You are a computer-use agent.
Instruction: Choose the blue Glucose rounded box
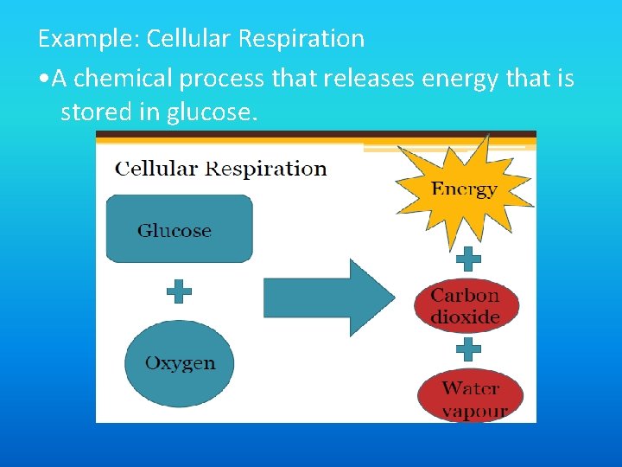[x=179, y=229]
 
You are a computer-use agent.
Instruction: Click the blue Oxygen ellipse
[x=179, y=363]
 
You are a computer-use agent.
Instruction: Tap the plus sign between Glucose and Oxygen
[x=179, y=291]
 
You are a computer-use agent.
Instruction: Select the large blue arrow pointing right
[x=328, y=297]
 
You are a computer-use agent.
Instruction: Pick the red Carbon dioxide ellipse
[x=466, y=305]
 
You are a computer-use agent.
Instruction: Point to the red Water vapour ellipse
[x=471, y=398]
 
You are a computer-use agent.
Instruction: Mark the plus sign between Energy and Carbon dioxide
[x=468, y=258]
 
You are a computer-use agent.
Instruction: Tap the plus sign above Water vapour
[x=468, y=349]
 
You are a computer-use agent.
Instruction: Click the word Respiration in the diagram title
[x=266, y=169]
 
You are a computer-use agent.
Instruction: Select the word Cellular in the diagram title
[x=157, y=169]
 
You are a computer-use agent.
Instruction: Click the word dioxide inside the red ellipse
[x=466, y=317]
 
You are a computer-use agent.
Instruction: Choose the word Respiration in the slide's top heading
[x=302, y=39]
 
